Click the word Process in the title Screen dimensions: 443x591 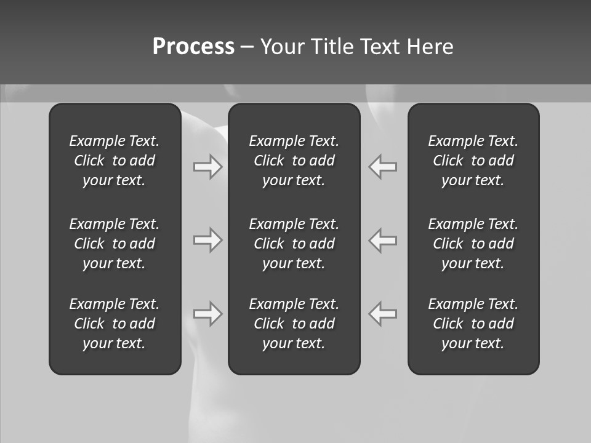[x=193, y=47]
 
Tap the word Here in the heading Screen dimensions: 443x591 [x=430, y=47]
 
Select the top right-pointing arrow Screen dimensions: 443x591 [x=207, y=167]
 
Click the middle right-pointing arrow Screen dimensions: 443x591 [x=207, y=240]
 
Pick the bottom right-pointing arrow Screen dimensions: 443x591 [x=207, y=314]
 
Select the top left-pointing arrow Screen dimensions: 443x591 [x=383, y=167]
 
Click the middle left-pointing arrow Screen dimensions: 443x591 [x=383, y=240]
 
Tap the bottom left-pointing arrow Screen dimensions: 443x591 [x=383, y=314]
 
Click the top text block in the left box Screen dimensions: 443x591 [x=115, y=161]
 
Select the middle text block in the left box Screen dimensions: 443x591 [x=115, y=244]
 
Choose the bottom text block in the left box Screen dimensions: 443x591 [x=115, y=324]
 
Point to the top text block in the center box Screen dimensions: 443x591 [x=294, y=161]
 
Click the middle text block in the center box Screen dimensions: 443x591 [x=294, y=244]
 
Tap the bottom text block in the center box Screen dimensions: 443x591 [x=294, y=324]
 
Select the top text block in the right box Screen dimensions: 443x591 [x=473, y=161]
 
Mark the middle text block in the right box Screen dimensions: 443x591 [x=473, y=244]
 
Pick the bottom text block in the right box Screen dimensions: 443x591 [x=473, y=324]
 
